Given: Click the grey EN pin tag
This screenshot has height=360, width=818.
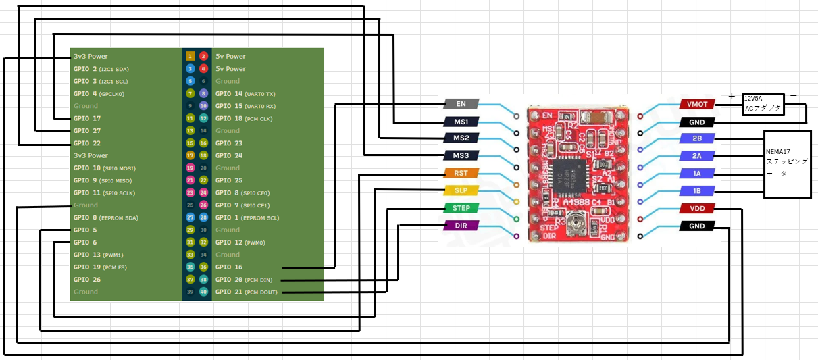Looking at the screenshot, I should point(461,104).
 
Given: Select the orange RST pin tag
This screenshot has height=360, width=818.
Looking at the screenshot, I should point(461,173).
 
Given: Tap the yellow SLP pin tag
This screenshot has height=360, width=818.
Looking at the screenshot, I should point(461,190).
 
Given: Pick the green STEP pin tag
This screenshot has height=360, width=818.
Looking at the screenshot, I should point(461,208).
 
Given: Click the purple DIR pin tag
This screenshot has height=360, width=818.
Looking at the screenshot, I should point(461,225).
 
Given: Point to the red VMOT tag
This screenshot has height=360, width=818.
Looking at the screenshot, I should point(696,105).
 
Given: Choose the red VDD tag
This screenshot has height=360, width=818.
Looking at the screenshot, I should point(696,209).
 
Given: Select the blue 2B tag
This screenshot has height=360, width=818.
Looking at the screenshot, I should point(696,139).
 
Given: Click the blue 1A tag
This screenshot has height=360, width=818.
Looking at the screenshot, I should point(696,174).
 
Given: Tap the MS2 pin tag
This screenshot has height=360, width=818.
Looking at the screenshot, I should point(461,138).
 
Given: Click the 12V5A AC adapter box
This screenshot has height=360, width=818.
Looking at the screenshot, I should point(763,103).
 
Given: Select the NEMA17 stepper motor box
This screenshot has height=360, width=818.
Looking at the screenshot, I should point(787,164).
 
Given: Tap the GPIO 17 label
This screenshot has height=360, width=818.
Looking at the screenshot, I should point(86,118).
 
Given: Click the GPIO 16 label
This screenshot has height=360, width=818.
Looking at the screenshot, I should point(228,267).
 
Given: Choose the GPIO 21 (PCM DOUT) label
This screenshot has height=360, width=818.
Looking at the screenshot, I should point(246,292).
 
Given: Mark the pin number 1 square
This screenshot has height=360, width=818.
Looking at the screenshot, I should point(190,56).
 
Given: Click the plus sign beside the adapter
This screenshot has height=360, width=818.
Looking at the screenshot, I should point(731,97).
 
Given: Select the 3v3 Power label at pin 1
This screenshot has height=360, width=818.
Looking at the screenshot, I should point(91,56).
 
